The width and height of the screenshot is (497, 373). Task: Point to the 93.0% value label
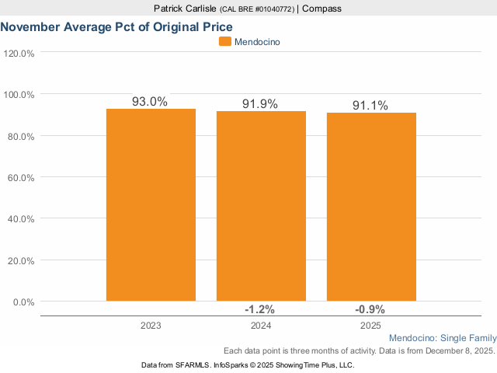coord(150,101)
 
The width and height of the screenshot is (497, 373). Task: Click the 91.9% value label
coord(260,103)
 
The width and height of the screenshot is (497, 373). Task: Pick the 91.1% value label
coord(370,105)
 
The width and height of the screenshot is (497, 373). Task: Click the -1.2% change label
coord(261,308)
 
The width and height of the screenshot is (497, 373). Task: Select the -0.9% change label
coord(370,308)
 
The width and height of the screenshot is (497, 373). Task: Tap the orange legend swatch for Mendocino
coord(225,42)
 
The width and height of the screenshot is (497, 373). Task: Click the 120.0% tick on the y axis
coord(19,54)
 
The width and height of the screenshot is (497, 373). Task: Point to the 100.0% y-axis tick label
coord(19,95)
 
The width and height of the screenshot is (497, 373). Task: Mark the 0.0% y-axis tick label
coord(24,302)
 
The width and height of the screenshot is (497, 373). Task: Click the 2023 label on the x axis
coord(151,326)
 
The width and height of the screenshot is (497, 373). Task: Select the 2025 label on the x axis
coord(371,326)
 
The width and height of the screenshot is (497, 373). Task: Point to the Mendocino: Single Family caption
coord(441,339)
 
